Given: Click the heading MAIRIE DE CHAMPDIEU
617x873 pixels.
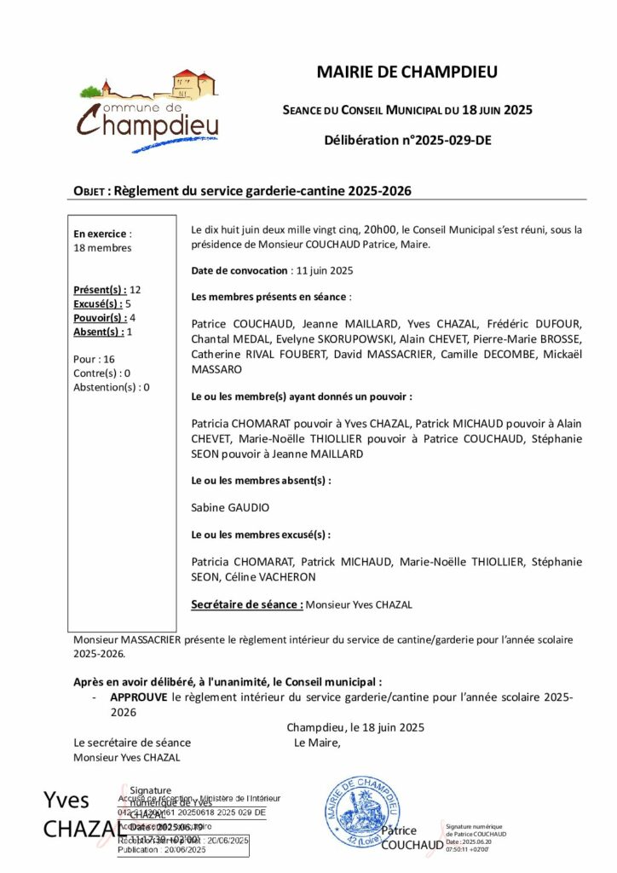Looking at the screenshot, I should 407,72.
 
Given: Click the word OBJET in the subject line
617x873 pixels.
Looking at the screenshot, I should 90,192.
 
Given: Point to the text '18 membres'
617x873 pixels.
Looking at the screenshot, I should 102,248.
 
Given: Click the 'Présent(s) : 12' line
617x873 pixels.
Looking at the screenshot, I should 107,290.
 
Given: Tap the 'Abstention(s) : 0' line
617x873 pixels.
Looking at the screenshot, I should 112,386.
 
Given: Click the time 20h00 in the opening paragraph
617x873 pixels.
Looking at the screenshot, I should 380,229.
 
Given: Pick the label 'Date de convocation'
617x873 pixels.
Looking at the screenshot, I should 239,270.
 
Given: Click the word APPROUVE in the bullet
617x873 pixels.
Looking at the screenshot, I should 139,697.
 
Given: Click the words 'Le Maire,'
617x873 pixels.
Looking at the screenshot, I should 317,743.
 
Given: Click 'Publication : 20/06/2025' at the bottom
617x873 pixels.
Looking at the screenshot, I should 162,850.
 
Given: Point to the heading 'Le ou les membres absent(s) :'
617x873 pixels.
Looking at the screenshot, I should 261,480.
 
